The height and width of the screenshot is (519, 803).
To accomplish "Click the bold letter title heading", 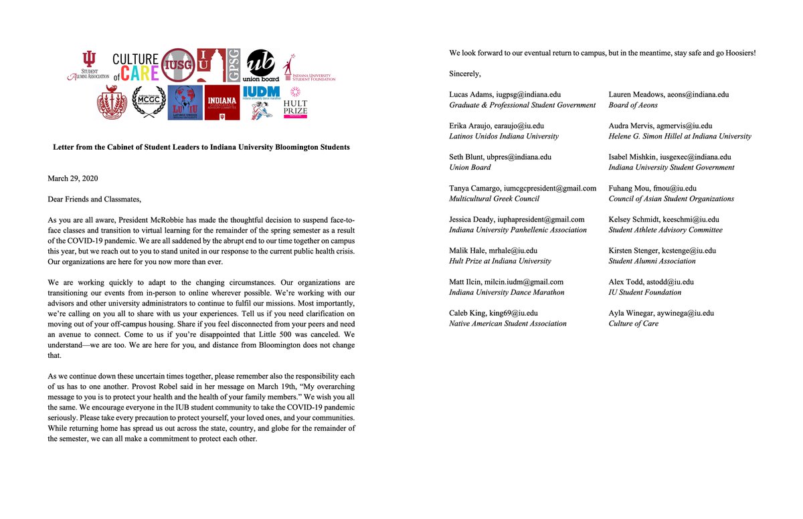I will [x=201, y=147].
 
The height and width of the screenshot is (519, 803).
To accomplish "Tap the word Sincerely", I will [x=465, y=74].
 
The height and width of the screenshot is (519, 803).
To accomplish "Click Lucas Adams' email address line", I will [x=510, y=95].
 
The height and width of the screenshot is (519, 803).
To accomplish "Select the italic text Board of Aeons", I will [x=632, y=105].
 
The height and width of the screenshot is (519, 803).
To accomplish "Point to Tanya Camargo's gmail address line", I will [x=522, y=189].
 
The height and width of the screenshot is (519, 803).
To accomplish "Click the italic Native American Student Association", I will [x=507, y=324].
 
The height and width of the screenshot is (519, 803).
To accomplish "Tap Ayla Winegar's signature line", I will [x=660, y=314].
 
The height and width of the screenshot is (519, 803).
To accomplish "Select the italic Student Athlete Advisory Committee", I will [x=664, y=230].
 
